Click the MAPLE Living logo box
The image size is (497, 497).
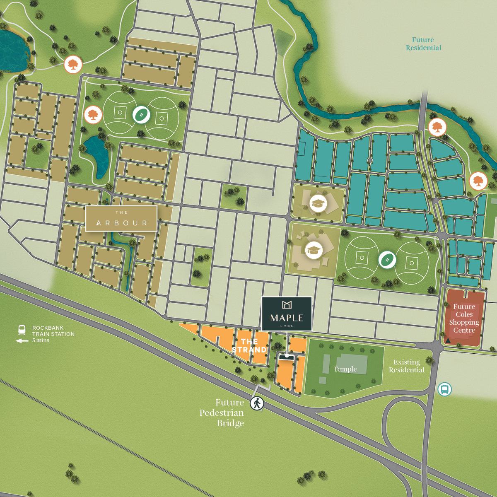(x=287, y=314)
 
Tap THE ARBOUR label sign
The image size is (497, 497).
(x=121, y=219)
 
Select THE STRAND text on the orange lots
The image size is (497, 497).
(x=249, y=345)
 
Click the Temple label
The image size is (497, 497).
(x=345, y=369)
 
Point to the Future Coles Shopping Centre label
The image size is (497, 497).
(x=464, y=318)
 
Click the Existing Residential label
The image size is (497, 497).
(x=406, y=366)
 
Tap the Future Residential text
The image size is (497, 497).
(x=423, y=44)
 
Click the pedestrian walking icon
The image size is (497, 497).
(x=257, y=403)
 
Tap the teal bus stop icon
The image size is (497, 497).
(x=444, y=389)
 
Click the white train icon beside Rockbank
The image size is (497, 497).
(x=22, y=330)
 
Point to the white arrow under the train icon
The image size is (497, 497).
(x=22, y=341)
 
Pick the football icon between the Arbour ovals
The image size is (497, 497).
(x=141, y=114)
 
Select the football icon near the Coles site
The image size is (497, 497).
(x=387, y=260)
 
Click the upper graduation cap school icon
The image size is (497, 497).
(x=318, y=203)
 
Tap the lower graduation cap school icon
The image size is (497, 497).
(x=314, y=250)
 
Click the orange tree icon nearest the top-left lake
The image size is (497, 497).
(x=73, y=65)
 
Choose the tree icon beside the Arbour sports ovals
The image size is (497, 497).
(x=93, y=115)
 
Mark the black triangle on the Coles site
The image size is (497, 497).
(x=448, y=340)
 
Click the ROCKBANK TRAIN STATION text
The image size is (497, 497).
(x=53, y=331)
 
